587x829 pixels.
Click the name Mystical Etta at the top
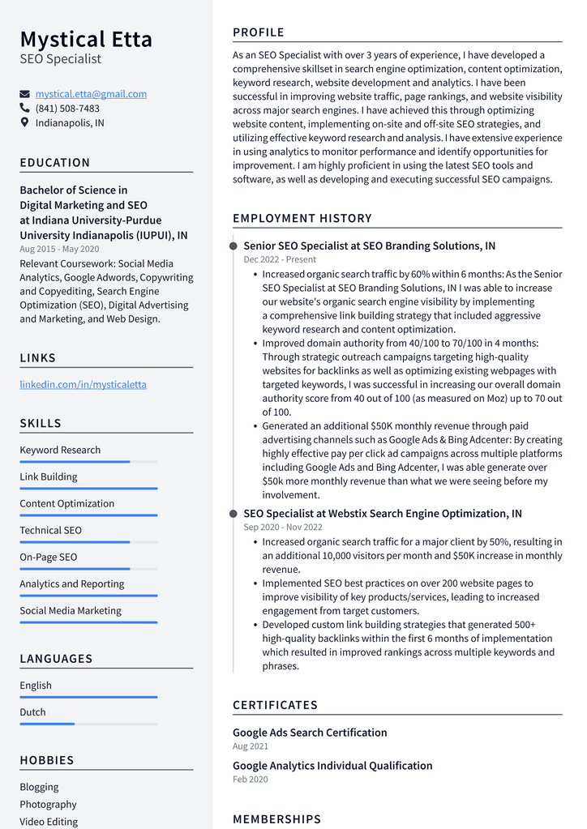[x=86, y=39]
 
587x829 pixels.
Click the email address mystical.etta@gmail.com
[x=91, y=94]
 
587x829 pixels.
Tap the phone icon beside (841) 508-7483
[x=24, y=109]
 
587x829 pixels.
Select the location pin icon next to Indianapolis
[x=24, y=123]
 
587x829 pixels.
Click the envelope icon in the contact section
[x=24, y=94]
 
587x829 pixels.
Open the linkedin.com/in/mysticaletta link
[x=83, y=384]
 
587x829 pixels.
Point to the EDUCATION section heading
[x=55, y=163]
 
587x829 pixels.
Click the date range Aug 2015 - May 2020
[x=59, y=249]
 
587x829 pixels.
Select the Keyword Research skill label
[x=60, y=450]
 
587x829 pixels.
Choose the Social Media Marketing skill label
[x=71, y=610]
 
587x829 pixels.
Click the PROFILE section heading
[x=259, y=32]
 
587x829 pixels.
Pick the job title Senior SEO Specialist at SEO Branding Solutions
[x=369, y=246]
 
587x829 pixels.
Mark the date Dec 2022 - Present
[x=280, y=259]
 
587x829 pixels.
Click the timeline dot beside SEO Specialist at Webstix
[x=234, y=514]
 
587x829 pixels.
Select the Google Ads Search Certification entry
[x=310, y=733]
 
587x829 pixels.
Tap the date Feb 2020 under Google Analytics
[x=250, y=780]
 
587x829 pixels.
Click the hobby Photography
[x=48, y=804]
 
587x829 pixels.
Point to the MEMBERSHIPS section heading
[x=276, y=819]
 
